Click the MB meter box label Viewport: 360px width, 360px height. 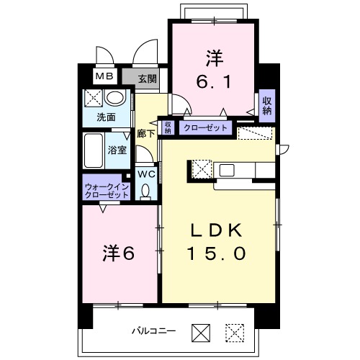[x=104, y=76]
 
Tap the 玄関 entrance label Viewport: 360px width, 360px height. [x=148, y=78]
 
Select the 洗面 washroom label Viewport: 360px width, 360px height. [x=106, y=117]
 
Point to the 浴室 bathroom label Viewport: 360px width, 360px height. [x=117, y=150]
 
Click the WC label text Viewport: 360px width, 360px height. [x=146, y=174]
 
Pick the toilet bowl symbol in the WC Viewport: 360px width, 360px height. [x=145, y=192]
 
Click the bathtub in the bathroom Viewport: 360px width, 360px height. [x=93, y=150]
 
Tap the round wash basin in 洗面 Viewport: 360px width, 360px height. [x=115, y=97]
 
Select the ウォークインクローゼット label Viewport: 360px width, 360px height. [x=107, y=191]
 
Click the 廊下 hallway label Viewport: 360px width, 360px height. [x=145, y=133]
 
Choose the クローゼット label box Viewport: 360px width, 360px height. [x=205, y=127]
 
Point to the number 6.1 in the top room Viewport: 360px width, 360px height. [x=214, y=81]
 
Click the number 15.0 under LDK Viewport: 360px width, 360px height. [x=217, y=253]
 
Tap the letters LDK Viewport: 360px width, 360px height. [x=216, y=230]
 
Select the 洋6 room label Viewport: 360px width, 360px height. [x=119, y=253]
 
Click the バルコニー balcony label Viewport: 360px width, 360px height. [x=154, y=331]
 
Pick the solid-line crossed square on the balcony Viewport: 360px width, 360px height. [x=201, y=333]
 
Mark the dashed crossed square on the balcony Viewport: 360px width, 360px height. [x=235, y=333]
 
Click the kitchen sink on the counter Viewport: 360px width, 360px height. [x=227, y=170]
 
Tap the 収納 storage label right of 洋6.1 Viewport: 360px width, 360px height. [x=267, y=106]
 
